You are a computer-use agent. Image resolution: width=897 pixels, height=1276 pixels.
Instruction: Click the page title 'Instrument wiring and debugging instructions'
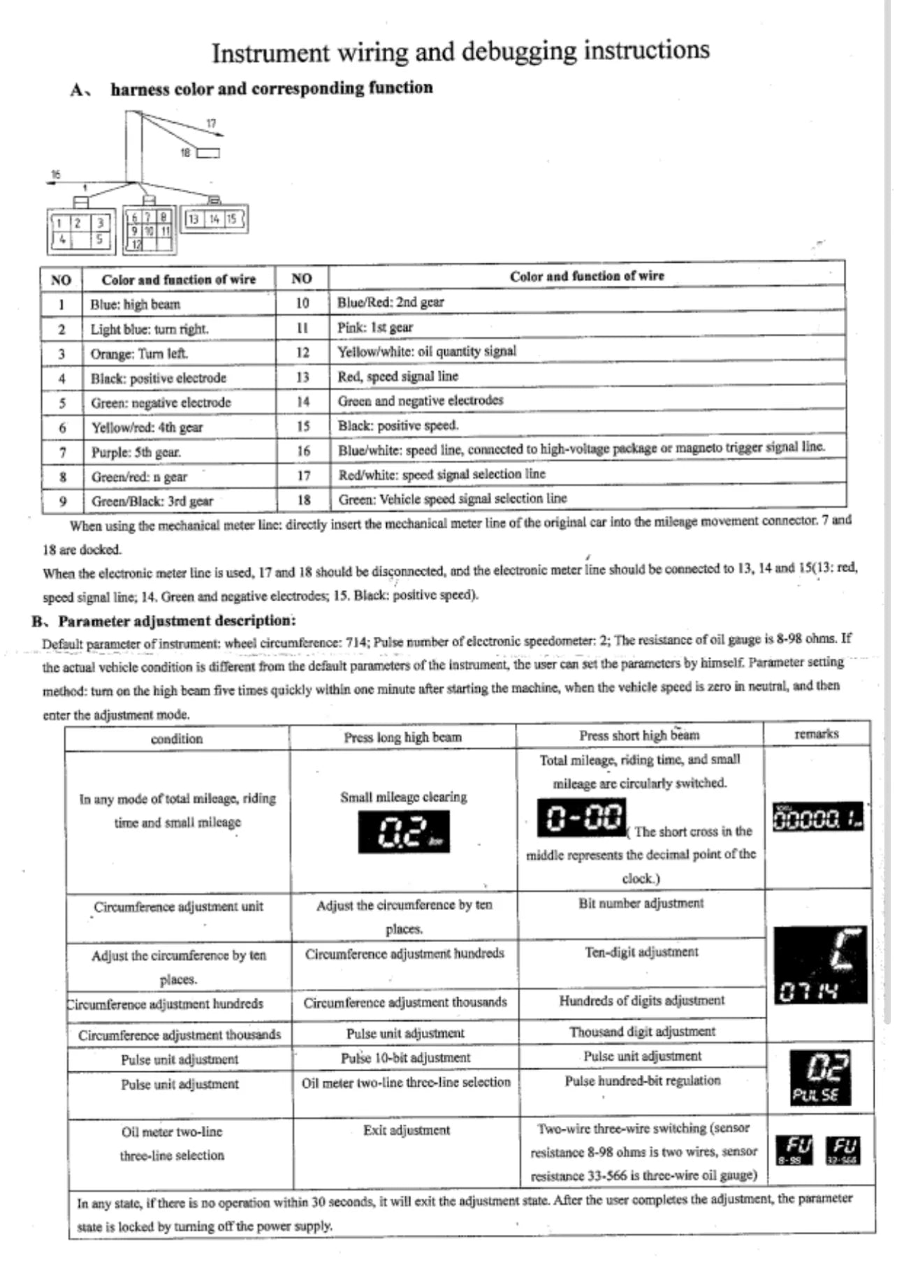click(x=460, y=51)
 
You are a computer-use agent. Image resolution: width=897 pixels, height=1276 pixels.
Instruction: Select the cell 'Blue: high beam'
click(x=136, y=305)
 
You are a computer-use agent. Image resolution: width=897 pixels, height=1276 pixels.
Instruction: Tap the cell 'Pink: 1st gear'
click(x=375, y=327)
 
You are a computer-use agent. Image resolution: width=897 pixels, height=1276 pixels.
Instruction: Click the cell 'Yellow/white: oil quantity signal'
click(x=427, y=351)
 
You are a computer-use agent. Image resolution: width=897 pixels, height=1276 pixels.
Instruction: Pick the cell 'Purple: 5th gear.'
click(x=136, y=452)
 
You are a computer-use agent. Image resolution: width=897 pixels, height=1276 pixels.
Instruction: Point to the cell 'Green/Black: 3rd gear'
click(x=152, y=501)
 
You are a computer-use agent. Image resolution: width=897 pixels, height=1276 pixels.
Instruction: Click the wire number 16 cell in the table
click(x=303, y=450)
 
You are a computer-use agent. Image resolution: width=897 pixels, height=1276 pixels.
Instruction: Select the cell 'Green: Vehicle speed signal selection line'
click(x=453, y=499)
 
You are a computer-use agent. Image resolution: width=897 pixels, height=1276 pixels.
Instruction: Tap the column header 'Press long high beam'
click(x=402, y=737)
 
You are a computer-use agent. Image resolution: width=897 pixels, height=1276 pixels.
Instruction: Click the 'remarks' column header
click(x=816, y=733)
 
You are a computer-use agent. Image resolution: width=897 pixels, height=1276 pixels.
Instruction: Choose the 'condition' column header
click(x=177, y=738)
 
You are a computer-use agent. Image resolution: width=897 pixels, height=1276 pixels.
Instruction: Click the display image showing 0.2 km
click(x=404, y=833)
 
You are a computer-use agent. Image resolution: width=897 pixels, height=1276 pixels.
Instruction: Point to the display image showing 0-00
click(x=581, y=817)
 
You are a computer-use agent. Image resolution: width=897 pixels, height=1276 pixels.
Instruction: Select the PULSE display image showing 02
click(x=820, y=1077)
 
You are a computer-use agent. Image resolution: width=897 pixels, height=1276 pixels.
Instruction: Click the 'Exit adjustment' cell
click(x=406, y=1130)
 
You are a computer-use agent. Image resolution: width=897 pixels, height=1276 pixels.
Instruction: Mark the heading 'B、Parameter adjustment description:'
click(x=164, y=620)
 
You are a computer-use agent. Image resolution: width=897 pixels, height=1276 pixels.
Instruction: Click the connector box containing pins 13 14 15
click(x=214, y=219)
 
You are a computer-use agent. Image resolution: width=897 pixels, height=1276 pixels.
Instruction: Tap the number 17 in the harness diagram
click(x=211, y=123)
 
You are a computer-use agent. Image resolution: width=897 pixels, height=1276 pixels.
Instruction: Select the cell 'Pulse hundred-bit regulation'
click(x=642, y=1080)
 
